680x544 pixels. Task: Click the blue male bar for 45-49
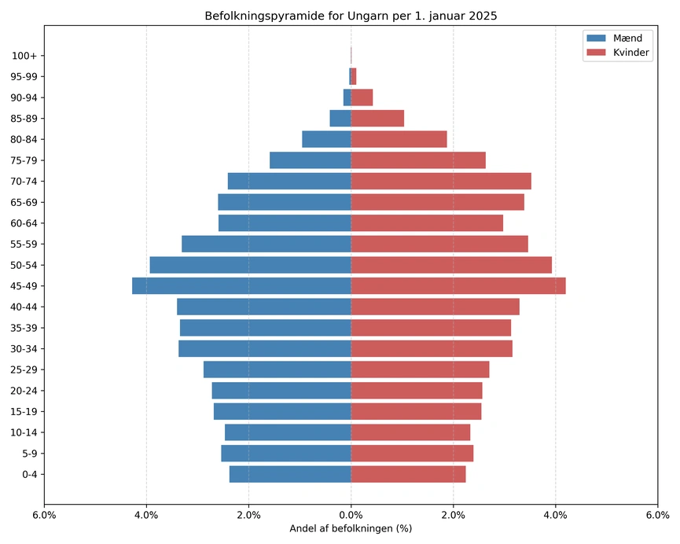241,285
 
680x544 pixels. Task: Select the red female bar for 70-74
440,181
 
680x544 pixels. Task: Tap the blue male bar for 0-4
290,474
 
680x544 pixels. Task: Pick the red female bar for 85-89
377,118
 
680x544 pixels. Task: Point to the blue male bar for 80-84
326,139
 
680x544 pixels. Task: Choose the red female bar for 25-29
420,369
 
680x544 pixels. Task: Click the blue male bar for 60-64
285,223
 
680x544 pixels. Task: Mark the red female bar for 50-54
451,265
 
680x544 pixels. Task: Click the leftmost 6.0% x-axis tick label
44,515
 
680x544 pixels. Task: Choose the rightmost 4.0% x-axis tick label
555,515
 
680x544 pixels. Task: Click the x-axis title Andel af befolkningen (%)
351,528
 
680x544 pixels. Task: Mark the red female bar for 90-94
362,97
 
